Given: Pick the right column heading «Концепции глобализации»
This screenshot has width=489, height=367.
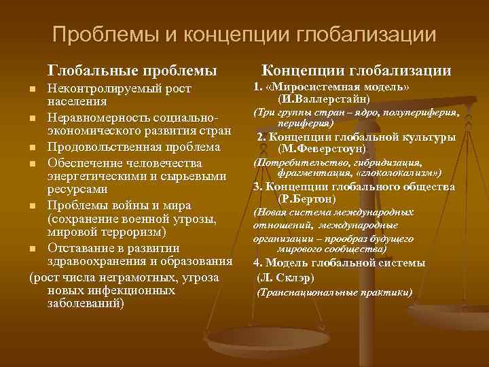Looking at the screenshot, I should pyautogui.click(x=357, y=70).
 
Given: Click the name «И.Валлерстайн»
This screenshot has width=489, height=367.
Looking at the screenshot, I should pyautogui.click(x=351, y=99).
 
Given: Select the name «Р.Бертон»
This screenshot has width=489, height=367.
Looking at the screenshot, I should pyautogui.click(x=307, y=199).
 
